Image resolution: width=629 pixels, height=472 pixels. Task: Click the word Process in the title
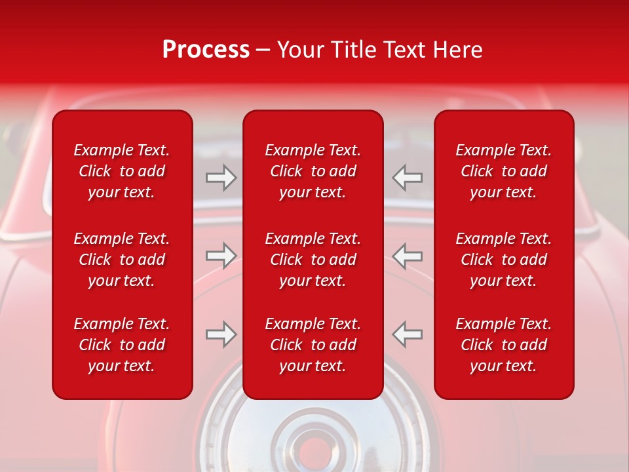point(206,50)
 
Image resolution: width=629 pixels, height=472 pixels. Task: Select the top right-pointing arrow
point(221,178)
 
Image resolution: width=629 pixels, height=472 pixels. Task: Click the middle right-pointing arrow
point(221,256)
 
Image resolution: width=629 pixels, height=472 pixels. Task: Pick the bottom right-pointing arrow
point(221,334)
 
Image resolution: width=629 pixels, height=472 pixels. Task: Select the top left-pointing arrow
point(408,178)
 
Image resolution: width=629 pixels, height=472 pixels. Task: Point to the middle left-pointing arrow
point(408,256)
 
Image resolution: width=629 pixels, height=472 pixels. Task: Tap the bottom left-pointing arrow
point(408,334)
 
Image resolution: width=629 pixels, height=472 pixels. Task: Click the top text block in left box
point(122,171)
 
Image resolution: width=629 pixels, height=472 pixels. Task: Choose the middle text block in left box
point(122,260)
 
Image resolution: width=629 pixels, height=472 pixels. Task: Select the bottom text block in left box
point(122,345)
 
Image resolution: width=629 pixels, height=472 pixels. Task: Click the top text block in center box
point(313,171)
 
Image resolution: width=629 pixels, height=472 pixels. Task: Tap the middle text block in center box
point(313,260)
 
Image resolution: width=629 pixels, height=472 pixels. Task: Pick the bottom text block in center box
point(313,345)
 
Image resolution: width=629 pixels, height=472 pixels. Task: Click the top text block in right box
point(504,171)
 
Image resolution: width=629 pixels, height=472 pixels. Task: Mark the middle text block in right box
point(504,260)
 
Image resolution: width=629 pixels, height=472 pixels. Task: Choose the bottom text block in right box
point(504,345)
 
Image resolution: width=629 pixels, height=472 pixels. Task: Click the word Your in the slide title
point(303,50)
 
